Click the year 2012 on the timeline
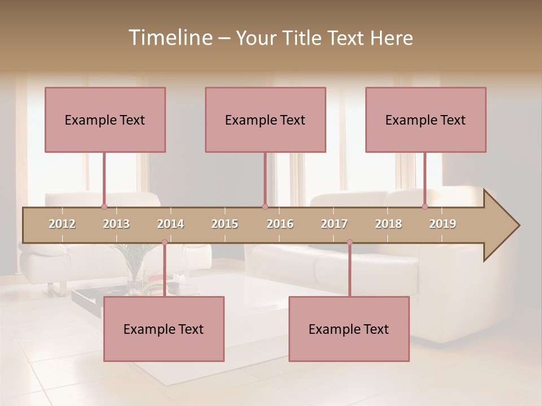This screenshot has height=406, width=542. pyautogui.click(x=62, y=224)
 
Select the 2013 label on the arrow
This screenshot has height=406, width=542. pyautogui.click(x=116, y=224)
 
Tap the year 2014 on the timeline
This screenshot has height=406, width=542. pyautogui.click(x=171, y=224)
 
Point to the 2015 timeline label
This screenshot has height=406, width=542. pyautogui.click(x=225, y=224)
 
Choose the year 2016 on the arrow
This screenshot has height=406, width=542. pyautogui.click(x=280, y=224)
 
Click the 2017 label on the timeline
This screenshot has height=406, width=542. pyautogui.click(x=334, y=224)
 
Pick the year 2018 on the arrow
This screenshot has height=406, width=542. pyautogui.click(x=388, y=224)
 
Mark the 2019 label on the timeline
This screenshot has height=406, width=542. pyautogui.click(x=443, y=224)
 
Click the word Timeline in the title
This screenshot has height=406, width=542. pyautogui.click(x=169, y=38)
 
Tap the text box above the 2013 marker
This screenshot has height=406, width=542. pyautogui.click(x=105, y=120)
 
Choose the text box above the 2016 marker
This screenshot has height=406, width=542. pyautogui.click(x=265, y=120)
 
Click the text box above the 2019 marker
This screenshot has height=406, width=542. pyautogui.click(x=426, y=120)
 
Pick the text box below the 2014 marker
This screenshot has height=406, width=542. pyautogui.click(x=164, y=329)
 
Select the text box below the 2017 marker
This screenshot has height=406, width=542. pyautogui.click(x=349, y=329)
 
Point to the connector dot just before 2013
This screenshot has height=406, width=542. pyautogui.click(x=104, y=207)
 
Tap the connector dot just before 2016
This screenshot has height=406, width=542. pyautogui.click(x=265, y=207)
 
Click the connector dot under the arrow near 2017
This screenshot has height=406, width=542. pyautogui.click(x=349, y=242)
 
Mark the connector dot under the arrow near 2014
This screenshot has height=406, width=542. pyautogui.click(x=164, y=242)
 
